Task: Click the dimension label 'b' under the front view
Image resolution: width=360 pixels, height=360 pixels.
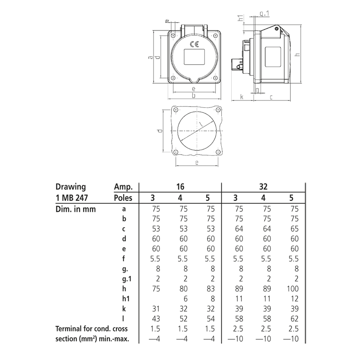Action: click(194, 96)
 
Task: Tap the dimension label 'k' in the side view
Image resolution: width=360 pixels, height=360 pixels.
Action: click(242, 97)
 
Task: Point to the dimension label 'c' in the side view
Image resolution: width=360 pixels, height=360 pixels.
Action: click(271, 97)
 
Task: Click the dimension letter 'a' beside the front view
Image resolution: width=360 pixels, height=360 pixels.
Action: click(150, 57)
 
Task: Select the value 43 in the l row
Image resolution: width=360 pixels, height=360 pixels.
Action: click(156, 319)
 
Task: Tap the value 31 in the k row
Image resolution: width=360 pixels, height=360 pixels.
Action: click(156, 309)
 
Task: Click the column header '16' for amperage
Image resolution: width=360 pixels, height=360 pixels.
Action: click(180, 187)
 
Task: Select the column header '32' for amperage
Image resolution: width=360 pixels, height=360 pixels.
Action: click(263, 187)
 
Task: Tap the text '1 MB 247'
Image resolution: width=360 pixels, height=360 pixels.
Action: click(71, 198)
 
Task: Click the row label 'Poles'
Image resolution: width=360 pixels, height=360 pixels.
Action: click(123, 198)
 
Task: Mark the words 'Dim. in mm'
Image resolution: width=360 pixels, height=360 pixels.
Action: click(75, 209)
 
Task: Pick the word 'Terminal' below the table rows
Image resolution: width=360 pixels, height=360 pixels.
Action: click(69, 329)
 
